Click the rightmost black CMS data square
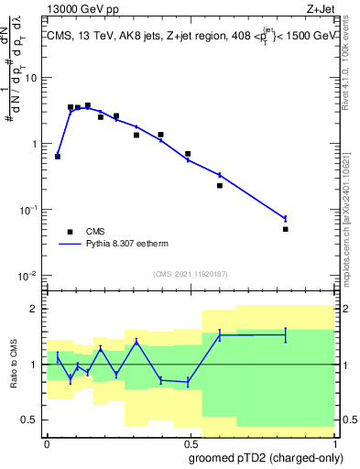[286, 229]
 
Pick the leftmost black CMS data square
[58, 157]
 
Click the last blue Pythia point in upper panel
[286, 218]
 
